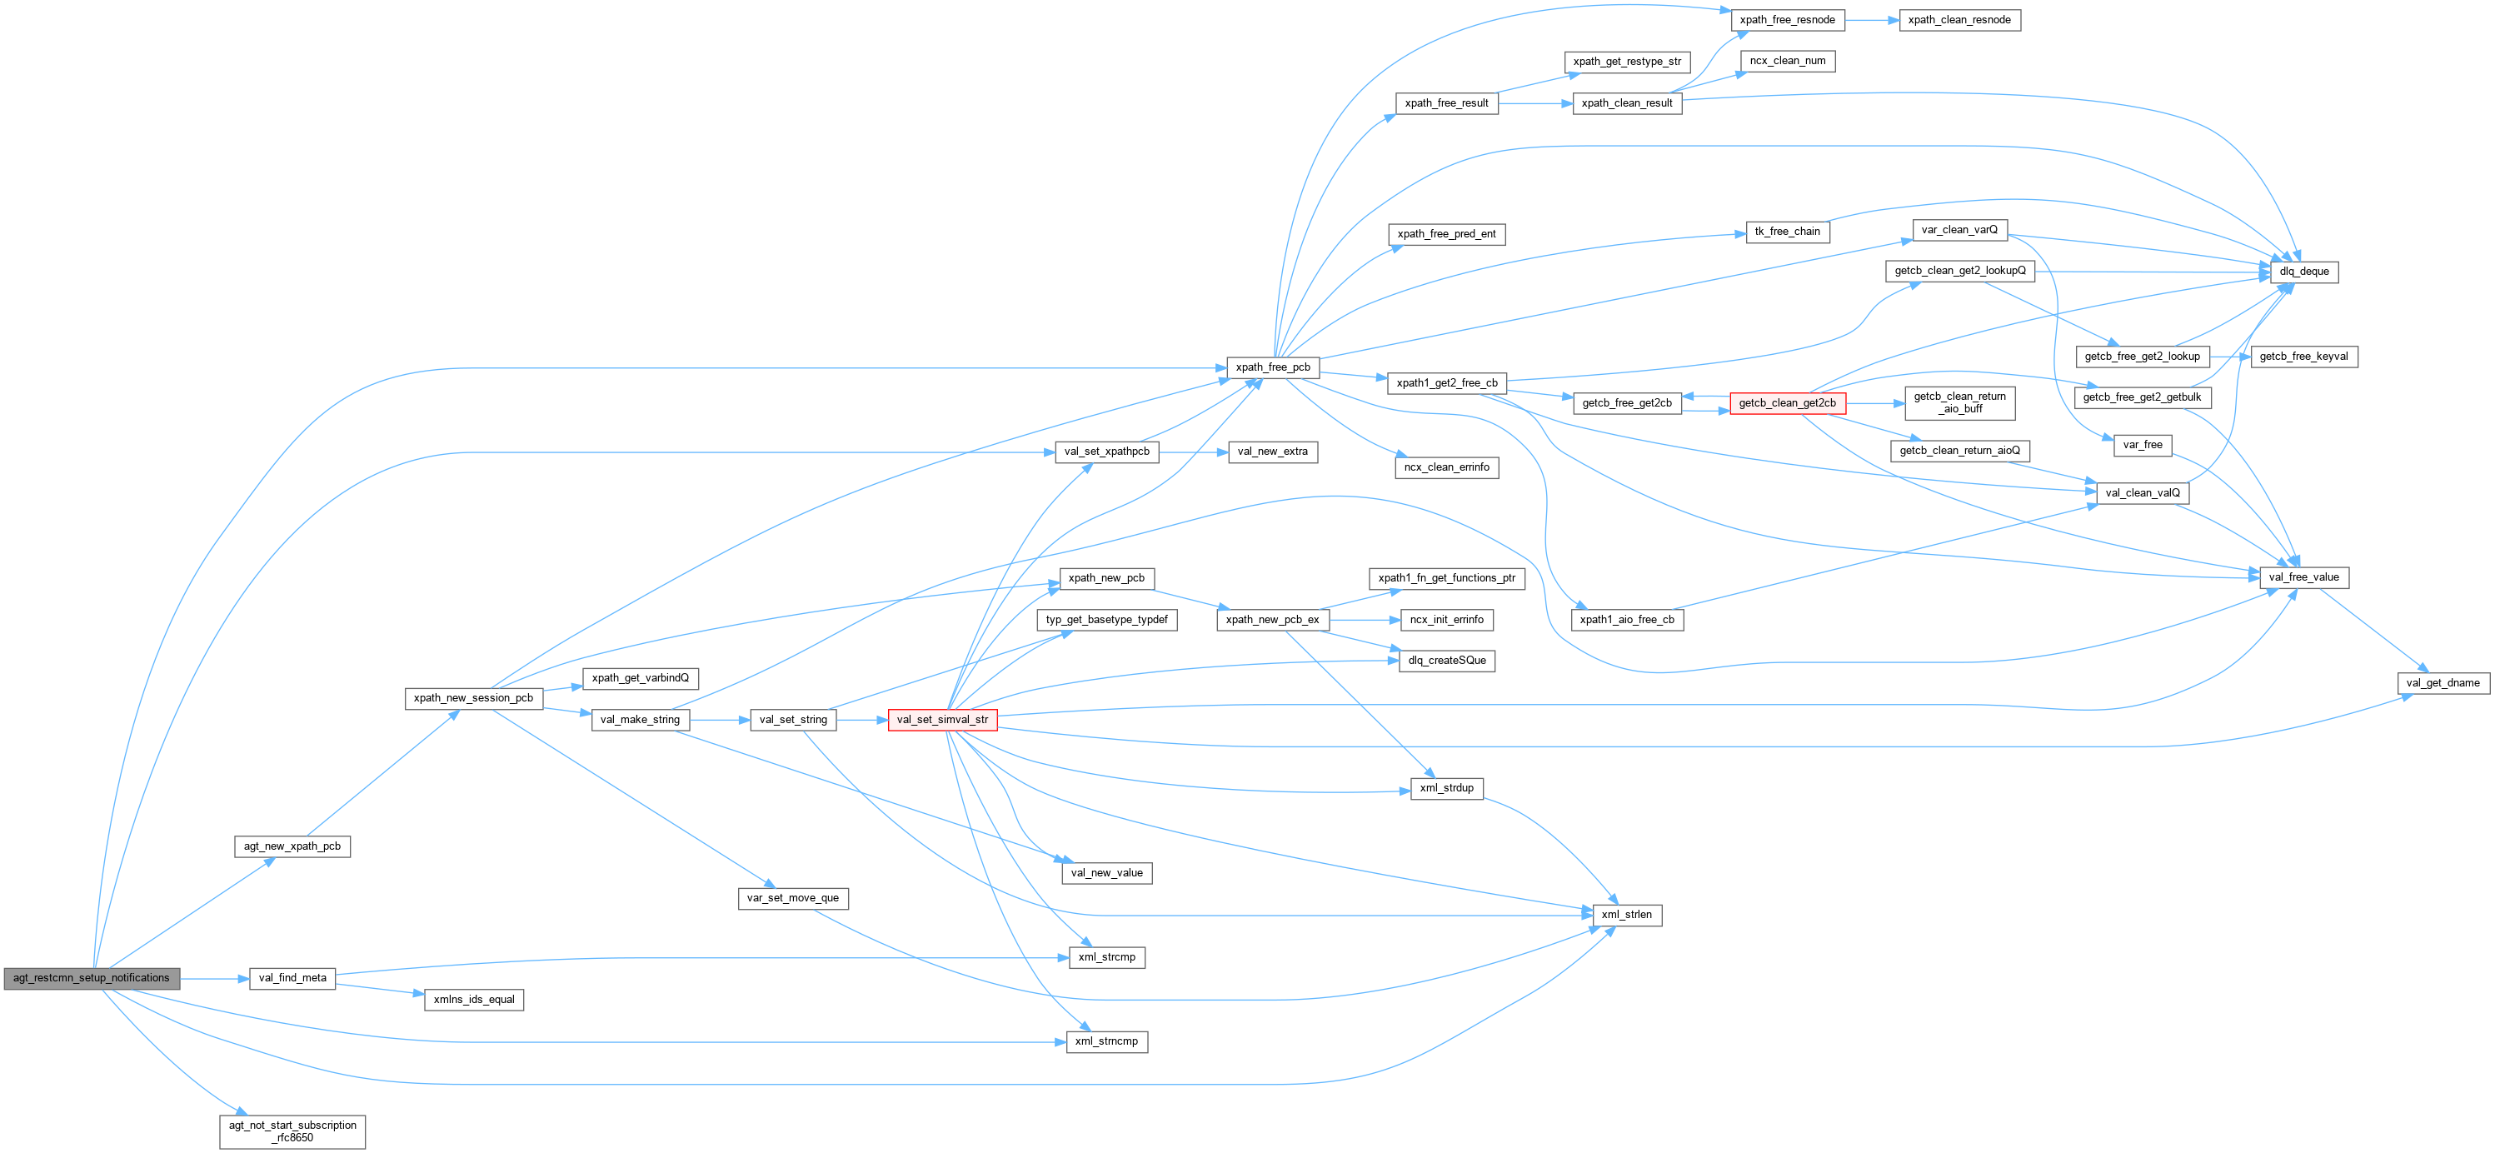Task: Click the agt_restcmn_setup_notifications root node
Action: (91, 977)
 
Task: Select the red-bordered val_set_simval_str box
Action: (941, 720)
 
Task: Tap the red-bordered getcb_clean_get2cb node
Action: (1787, 403)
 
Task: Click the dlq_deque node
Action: (2303, 272)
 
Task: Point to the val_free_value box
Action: (2303, 577)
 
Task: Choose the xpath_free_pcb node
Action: (1272, 367)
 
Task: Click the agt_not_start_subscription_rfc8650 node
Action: (292, 1131)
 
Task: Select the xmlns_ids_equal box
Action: (474, 999)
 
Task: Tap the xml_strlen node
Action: (1626, 915)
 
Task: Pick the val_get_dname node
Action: (2442, 683)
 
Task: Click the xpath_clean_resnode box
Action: (1959, 19)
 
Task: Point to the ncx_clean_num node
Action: (1787, 61)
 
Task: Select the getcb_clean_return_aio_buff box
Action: (1959, 403)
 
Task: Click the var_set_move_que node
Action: (792, 898)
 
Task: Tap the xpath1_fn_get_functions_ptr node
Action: (1446, 578)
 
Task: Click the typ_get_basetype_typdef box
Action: (1106, 620)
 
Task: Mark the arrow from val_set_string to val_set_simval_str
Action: (862, 720)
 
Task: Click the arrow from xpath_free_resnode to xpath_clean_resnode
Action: (1872, 19)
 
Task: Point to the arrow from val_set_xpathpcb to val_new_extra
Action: (1193, 452)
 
